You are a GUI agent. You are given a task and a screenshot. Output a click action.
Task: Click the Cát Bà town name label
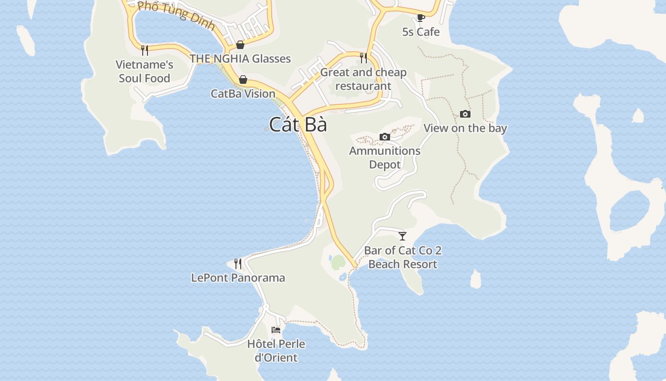point(298,125)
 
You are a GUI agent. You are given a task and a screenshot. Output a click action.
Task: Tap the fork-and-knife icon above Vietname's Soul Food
point(145,50)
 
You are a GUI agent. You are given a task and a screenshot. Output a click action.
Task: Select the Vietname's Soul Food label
point(145,71)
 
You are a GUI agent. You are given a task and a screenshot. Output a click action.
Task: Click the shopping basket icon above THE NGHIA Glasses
point(240,45)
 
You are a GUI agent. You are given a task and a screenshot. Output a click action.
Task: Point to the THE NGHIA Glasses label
point(240,59)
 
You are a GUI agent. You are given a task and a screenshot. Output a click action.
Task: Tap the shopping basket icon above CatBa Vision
point(243,79)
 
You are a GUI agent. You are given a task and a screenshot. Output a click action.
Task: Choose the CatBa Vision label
point(243,93)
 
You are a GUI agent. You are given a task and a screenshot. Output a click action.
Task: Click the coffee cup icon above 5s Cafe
point(421,18)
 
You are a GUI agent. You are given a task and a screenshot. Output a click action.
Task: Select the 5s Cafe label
point(421,32)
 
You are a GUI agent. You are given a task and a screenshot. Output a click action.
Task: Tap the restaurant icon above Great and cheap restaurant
point(363,58)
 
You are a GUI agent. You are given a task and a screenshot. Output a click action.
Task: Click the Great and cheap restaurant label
point(363,79)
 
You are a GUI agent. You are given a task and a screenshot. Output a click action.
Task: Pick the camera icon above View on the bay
point(465,114)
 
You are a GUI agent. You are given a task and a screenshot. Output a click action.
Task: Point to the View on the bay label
point(465,128)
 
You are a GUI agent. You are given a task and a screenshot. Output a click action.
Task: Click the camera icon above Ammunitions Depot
point(385,137)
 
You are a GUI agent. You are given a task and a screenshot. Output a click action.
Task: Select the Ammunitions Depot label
point(385,158)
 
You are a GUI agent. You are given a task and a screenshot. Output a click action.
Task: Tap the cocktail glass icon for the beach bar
point(402,236)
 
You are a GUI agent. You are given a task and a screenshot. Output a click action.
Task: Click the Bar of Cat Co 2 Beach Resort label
point(403,257)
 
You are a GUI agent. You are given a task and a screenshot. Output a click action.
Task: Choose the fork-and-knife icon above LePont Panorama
point(238,263)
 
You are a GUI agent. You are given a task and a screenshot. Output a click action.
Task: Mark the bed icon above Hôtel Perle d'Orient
point(276,330)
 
